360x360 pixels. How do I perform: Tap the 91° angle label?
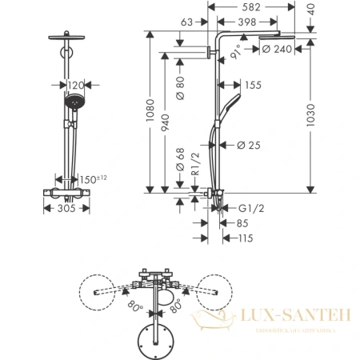pos(239,53)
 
